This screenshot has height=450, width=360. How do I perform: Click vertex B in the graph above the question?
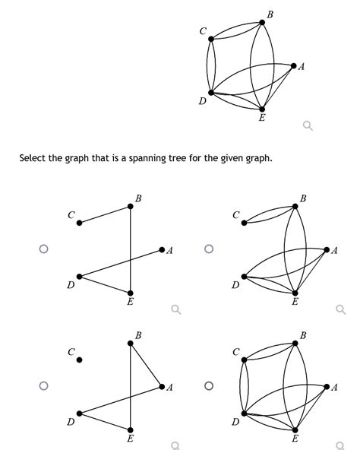[x=262, y=22]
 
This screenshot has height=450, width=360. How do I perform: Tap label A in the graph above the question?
[x=302, y=67]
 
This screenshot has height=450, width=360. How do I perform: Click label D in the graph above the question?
[x=203, y=102]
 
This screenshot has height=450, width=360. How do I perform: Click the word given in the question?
[x=245, y=159]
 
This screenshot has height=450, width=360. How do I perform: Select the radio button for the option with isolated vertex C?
[x=44, y=385]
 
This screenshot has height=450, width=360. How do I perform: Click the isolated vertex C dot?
[x=79, y=360]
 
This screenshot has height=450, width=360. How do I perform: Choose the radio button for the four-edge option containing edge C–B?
[x=44, y=249]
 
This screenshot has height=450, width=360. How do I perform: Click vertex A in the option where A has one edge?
[x=162, y=249]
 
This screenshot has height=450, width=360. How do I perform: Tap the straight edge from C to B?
[x=105, y=214]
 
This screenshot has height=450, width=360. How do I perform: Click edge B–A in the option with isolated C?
[x=146, y=365]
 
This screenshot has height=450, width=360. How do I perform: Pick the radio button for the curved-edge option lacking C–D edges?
[x=209, y=249]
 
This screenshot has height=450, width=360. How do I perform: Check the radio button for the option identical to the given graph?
[x=209, y=385]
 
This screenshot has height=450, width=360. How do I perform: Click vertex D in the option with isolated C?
[x=77, y=414]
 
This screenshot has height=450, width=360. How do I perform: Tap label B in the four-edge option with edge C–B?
[x=137, y=198]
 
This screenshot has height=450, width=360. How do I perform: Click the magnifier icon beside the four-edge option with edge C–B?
[x=175, y=309]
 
